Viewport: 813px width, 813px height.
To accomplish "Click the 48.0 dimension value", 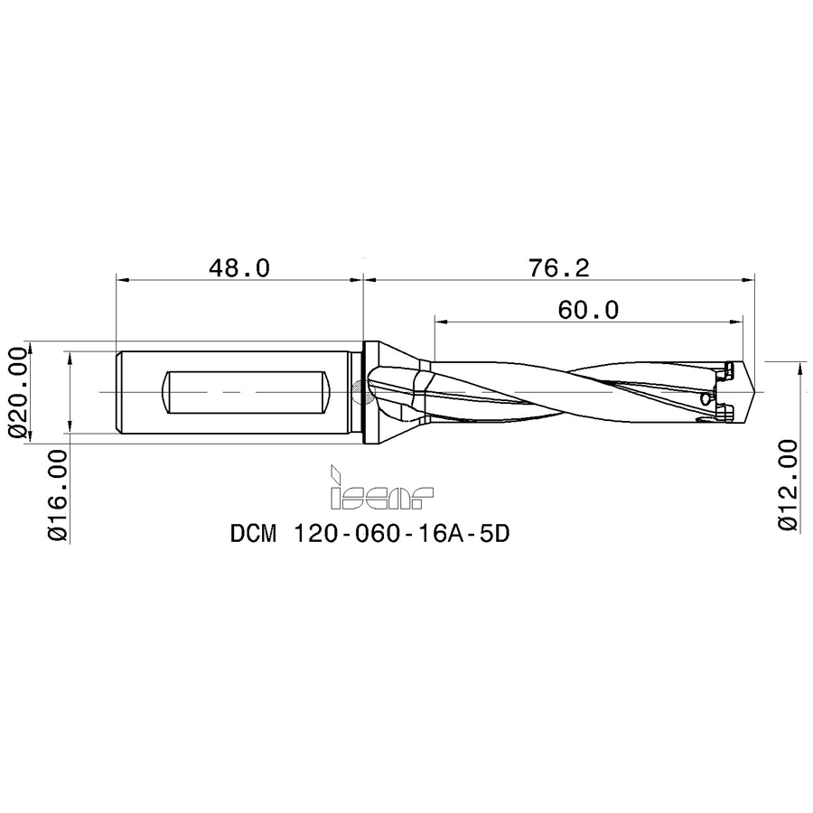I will (239, 268).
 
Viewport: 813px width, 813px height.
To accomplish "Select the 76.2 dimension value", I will (559, 268).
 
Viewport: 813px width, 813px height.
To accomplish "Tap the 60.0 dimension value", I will (588, 311).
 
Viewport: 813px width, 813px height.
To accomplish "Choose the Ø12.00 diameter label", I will (789, 485).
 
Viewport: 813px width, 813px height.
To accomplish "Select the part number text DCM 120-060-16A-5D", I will (370, 533).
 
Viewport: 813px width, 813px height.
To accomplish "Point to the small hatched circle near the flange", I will (360, 393).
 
